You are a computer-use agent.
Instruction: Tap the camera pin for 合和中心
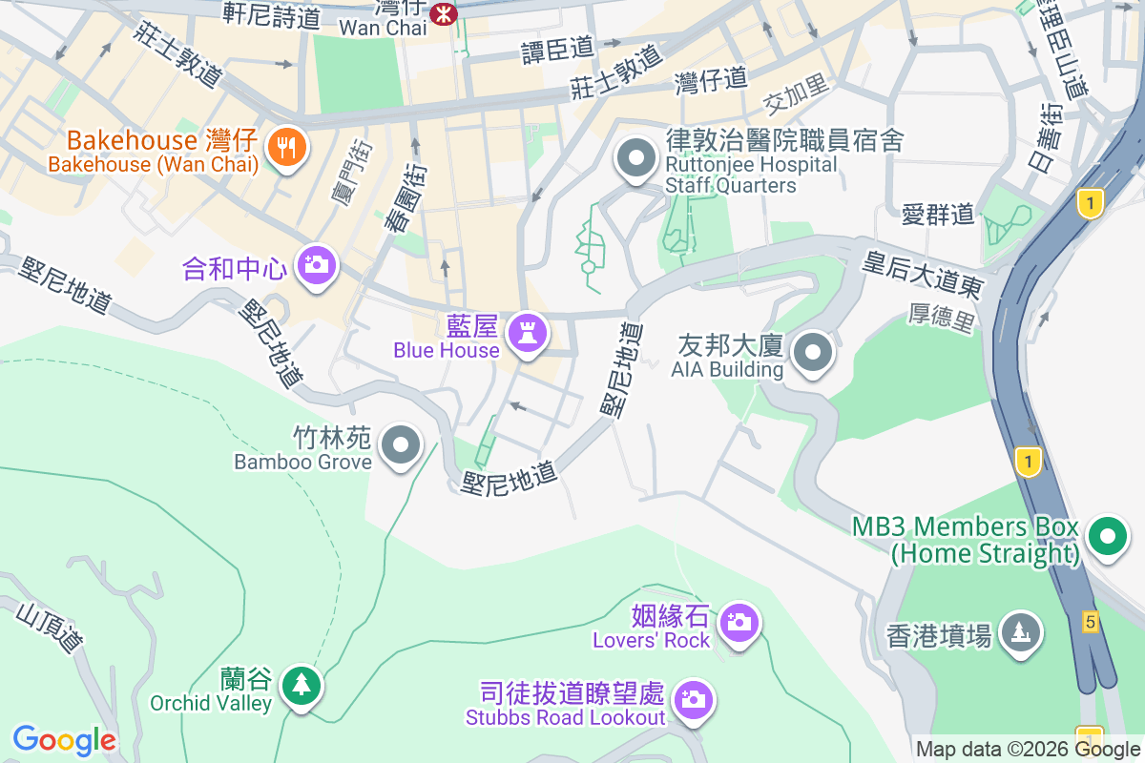click(316, 265)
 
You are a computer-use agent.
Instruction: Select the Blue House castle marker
click(525, 334)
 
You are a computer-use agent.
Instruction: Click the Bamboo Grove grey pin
click(401, 446)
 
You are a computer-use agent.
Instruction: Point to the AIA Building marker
click(812, 353)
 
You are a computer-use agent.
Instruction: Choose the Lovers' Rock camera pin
click(738, 623)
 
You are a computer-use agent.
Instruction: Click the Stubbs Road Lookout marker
click(692, 700)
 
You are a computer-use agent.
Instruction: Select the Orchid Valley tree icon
click(302, 685)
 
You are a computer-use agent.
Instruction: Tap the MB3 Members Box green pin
click(1107, 536)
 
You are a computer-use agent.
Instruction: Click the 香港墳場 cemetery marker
click(1020, 631)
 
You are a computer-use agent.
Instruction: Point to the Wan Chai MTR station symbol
click(443, 13)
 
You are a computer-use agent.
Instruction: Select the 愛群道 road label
click(938, 214)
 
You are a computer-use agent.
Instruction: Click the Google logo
click(64, 740)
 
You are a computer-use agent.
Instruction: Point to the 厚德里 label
click(943, 319)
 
